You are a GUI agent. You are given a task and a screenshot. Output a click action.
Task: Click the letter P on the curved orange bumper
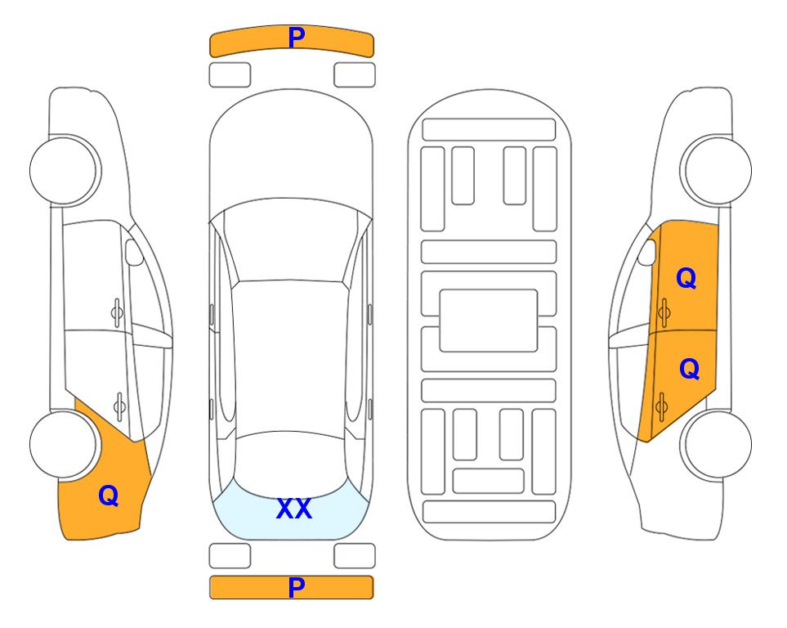click(297, 38)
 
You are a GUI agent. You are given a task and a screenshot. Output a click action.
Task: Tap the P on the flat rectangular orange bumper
click(297, 587)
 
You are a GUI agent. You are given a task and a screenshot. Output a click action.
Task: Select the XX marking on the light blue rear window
click(294, 509)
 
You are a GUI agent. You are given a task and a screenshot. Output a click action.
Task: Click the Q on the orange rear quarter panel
click(109, 496)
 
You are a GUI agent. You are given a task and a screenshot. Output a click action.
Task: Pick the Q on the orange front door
click(686, 278)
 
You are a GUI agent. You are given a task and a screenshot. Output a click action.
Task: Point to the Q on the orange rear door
click(689, 369)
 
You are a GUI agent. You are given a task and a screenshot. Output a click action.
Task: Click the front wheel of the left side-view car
click(64, 171)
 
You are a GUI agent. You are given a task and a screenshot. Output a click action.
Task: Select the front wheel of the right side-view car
click(718, 171)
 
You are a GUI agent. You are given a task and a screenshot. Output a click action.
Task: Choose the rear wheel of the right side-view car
click(718, 444)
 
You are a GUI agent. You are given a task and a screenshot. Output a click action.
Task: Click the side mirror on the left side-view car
click(134, 252)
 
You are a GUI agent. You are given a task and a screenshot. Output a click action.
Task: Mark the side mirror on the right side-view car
click(647, 252)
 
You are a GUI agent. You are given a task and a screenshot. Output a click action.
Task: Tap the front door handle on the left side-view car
click(117, 313)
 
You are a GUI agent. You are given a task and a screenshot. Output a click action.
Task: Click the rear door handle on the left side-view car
click(119, 406)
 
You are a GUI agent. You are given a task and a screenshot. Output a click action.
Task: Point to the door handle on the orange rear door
click(661, 406)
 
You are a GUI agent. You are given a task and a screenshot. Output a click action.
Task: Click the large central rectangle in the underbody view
click(489, 321)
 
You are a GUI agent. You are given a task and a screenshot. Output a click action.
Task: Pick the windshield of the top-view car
click(291, 240)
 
